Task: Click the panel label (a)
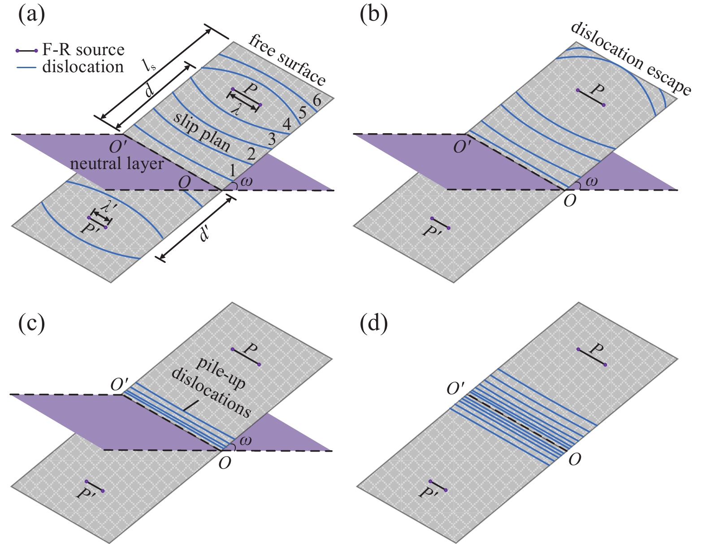point(31,16)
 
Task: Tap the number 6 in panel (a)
point(317,100)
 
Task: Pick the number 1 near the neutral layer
point(232,170)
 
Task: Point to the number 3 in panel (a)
point(271,139)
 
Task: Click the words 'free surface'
point(287,60)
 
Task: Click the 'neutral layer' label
point(117,164)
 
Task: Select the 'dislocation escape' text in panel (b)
point(631,58)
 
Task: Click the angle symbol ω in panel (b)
point(591,182)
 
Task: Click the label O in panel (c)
point(225,462)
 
